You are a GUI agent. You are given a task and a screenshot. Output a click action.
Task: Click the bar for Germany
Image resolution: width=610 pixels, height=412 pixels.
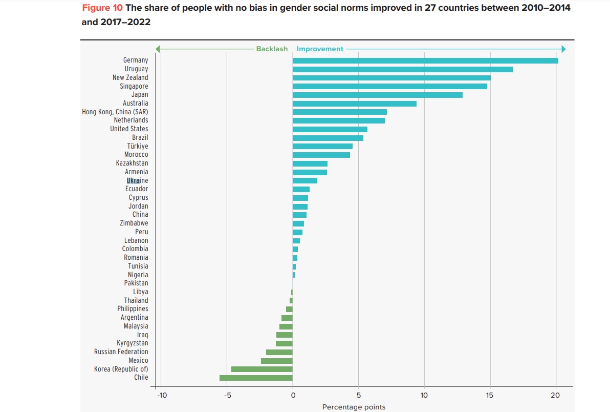point(425,60)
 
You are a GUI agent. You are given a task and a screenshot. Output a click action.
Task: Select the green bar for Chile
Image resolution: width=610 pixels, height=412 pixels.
point(256,378)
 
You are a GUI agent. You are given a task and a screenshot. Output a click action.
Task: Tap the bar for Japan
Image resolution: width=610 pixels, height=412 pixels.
point(377,95)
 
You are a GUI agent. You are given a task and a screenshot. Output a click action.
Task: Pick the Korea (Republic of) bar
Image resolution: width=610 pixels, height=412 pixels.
point(262,369)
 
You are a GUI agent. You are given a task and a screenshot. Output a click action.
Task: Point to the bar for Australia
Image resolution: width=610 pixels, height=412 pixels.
point(354,104)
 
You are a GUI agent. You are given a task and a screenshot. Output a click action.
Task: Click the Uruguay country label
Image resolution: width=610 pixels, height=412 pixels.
point(136,69)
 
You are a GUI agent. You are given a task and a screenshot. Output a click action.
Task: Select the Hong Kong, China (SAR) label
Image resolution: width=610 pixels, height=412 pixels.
point(115,112)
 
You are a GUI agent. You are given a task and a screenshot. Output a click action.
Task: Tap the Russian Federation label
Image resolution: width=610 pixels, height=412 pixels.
point(121,352)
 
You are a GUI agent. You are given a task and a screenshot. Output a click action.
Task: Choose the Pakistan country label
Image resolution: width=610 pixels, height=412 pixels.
point(136,283)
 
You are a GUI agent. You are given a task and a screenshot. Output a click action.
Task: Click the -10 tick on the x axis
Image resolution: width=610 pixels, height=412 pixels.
point(161,395)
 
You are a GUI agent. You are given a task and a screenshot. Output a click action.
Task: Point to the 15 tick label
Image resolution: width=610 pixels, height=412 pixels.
point(490,395)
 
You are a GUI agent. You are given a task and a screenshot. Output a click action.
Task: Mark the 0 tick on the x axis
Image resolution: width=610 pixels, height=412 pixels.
point(293,395)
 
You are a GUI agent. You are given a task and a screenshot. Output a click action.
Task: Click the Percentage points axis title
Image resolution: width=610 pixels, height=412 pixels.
point(354,407)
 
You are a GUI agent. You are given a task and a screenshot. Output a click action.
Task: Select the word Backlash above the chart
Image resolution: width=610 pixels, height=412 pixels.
point(272,49)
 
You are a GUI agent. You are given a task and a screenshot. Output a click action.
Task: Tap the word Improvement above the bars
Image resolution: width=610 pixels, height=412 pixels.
point(320,49)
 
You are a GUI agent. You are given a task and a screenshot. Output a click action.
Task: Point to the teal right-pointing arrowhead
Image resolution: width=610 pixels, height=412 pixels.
point(563,49)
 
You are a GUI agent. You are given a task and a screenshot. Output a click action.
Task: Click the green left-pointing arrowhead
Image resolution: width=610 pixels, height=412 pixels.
point(158,49)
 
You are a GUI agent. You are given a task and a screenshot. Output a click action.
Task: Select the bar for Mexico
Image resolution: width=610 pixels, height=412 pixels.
point(277,361)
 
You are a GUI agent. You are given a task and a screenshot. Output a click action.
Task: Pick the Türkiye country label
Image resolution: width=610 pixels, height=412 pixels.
point(138,146)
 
